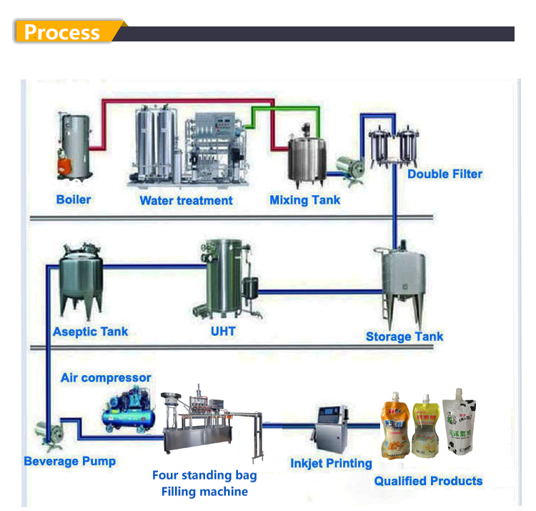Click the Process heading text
[x=61, y=32]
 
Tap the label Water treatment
[x=186, y=200]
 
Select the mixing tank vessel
[x=307, y=159]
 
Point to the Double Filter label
[x=445, y=174]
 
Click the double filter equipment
[x=392, y=146]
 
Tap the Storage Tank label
[x=405, y=337]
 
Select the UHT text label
[x=223, y=331]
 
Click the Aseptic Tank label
[x=91, y=332]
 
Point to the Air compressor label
[x=106, y=377]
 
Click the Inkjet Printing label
[x=331, y=463]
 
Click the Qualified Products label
[x=428, y=481]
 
